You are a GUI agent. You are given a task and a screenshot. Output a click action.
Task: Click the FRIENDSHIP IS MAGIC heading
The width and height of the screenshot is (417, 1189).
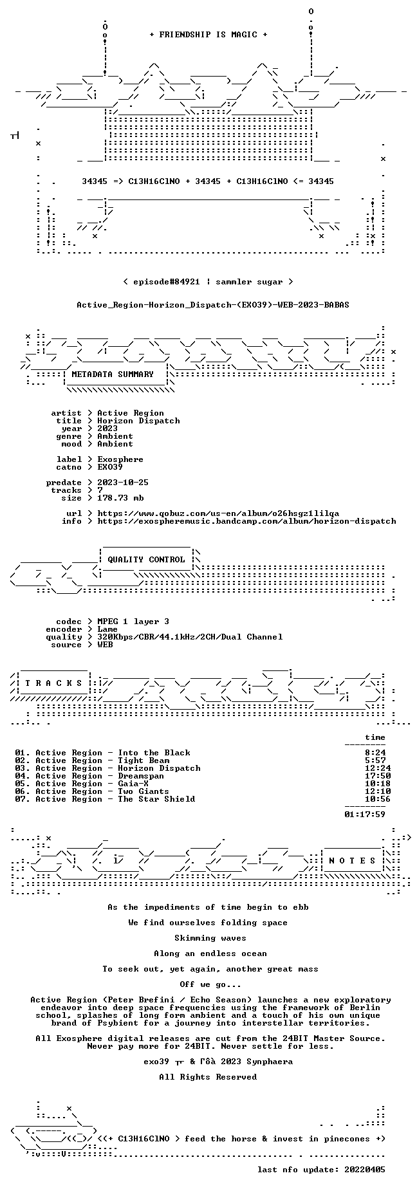coord(208,35)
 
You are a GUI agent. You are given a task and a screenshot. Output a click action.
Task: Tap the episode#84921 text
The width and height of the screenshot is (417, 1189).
coord(167,282)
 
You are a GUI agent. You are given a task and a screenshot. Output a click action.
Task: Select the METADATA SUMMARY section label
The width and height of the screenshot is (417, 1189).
coord(113,374)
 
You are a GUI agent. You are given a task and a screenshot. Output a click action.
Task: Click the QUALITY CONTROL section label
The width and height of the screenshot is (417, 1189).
coord(146,560)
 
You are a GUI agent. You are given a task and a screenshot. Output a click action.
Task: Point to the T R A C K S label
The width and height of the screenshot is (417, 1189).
coord(53,683)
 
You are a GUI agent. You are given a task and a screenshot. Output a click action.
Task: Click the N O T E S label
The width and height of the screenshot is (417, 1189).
coord(352,861)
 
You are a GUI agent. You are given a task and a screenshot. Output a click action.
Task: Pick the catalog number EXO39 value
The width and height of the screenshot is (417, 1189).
coord(110,467)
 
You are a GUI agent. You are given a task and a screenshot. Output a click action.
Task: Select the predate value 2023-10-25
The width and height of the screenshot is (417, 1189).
coord(123,483)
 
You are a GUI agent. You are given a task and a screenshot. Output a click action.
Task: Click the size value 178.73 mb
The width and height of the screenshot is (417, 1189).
coord(120,498)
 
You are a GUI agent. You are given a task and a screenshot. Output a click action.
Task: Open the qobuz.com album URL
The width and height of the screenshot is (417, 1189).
coord(218,513)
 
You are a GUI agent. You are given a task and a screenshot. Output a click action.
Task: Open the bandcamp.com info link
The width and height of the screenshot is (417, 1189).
coord(246,521)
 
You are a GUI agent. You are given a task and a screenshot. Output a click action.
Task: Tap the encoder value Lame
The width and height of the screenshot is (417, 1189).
coord(107,629)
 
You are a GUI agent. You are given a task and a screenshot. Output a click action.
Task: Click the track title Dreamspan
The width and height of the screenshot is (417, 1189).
coord(141,776)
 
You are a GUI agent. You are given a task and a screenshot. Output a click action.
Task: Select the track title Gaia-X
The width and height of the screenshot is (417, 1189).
coord(133,784)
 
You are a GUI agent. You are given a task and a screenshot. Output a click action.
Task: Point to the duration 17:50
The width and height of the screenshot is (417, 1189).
coord(378,776)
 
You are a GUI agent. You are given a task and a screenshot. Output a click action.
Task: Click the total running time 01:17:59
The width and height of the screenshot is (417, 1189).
coord(365,815)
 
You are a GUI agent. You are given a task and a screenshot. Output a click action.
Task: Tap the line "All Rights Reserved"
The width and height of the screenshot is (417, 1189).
coord(208,1077)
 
